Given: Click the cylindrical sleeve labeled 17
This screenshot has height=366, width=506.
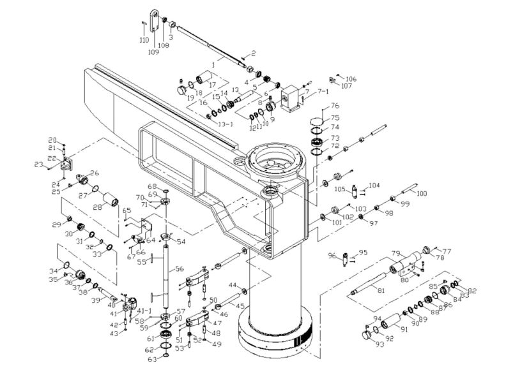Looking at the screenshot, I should point(204,80).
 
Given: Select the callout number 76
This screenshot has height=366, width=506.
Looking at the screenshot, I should point(335,105).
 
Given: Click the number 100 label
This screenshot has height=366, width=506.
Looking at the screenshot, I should point(421,193).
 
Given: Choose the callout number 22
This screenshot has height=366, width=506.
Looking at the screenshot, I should point(53,159).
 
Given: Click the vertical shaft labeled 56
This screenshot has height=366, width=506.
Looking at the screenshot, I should point(165,274).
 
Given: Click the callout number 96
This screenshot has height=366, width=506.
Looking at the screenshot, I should point(332,256).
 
